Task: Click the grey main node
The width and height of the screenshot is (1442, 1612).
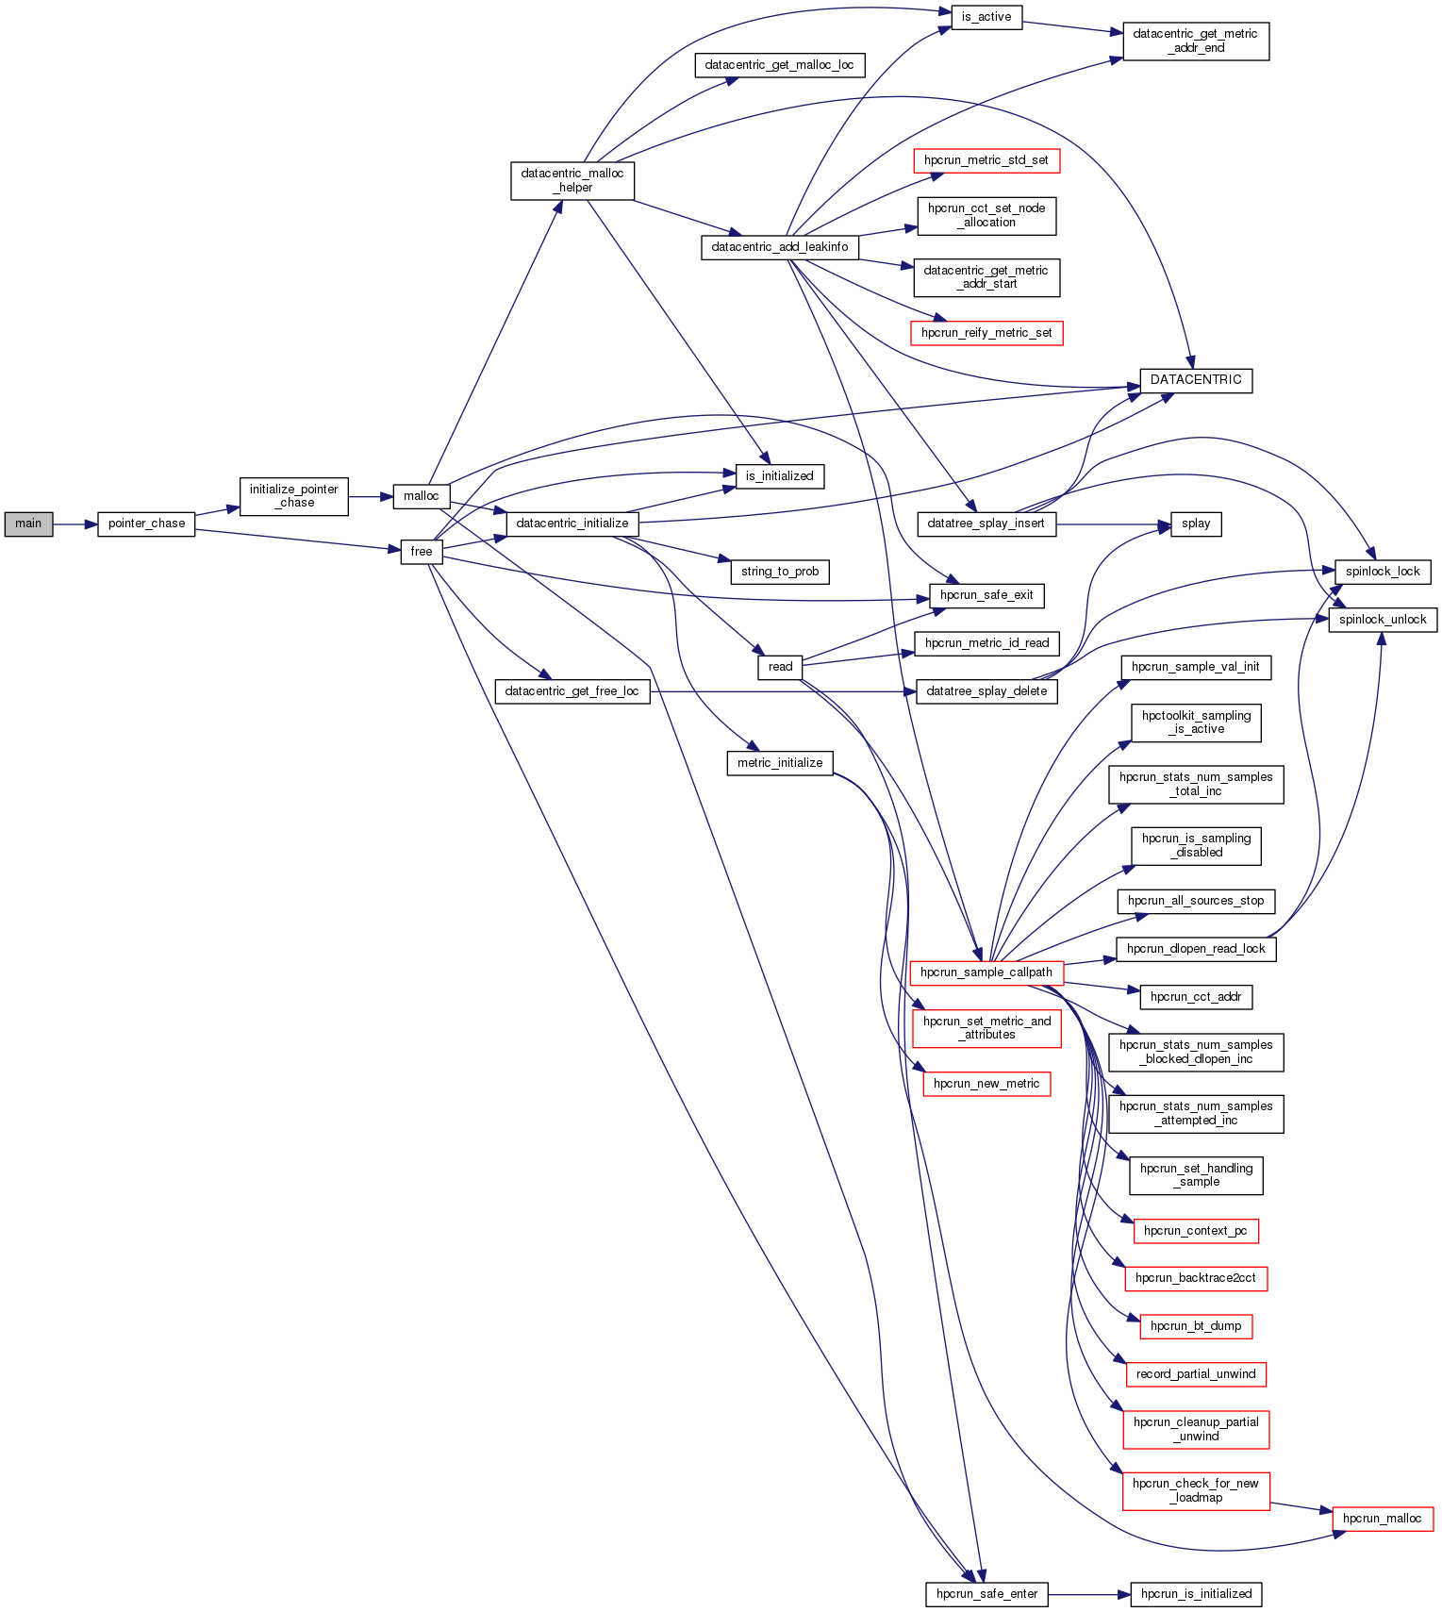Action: click(28, 523)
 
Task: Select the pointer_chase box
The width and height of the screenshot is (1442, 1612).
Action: click(146, 523)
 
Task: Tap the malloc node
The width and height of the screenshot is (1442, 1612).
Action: click(421, 496)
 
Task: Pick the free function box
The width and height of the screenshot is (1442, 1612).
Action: click(421, 552)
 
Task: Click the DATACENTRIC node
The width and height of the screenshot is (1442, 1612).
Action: click(1196, 380)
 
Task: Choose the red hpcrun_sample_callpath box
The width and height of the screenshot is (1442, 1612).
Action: click(986, 972)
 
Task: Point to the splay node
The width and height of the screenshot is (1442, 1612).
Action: click(1196, 523)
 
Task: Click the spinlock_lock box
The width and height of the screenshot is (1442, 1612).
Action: click(1383, 572)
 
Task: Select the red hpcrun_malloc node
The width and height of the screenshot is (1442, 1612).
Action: click(1382, 1519)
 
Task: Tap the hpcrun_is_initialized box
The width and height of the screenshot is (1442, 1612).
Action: click(1196, 1594)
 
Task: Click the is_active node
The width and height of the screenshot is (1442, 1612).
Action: click(986, 17)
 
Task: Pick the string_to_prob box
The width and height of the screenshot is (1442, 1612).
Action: click(780, 572)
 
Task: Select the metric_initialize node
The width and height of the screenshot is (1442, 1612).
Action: click(780, 763)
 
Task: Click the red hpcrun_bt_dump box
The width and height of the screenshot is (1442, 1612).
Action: click(1196, 1326)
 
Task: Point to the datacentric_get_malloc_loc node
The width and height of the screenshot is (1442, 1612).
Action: click(780, 65)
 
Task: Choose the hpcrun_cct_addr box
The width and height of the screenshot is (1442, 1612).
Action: click(1196, 997)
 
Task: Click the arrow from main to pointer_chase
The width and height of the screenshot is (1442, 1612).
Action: click(75, 523)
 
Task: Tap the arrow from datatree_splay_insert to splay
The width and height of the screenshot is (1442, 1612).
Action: click(1113, 523)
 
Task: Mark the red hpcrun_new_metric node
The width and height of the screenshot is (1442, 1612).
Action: click(986, 1084)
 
